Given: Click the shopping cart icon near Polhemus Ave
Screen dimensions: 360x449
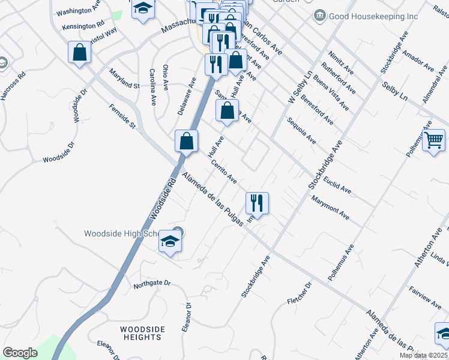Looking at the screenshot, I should point(434,140).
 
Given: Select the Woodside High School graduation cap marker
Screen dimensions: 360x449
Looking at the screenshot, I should point(170,242).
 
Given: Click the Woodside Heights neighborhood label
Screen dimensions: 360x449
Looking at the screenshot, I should point(141,333).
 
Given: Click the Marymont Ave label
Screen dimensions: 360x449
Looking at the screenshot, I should point(330,206).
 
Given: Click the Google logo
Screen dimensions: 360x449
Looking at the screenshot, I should point(20,353).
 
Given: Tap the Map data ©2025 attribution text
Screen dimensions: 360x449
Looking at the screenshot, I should point(423,355).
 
